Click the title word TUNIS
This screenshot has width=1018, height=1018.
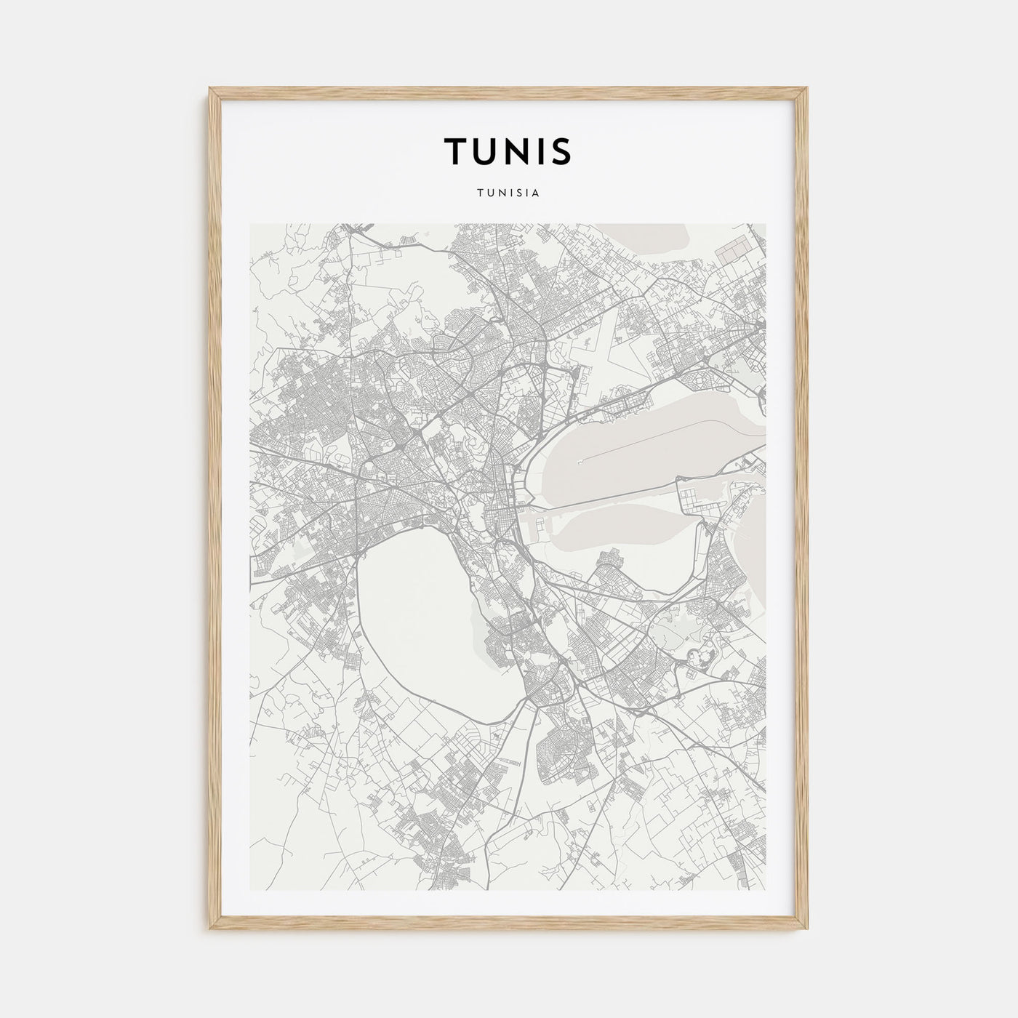coord(508,151)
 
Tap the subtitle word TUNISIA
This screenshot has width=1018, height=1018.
coord(508,194)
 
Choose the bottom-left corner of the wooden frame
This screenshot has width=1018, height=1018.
coord(212,929)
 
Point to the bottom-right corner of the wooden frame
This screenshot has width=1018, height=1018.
coord(806,929)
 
